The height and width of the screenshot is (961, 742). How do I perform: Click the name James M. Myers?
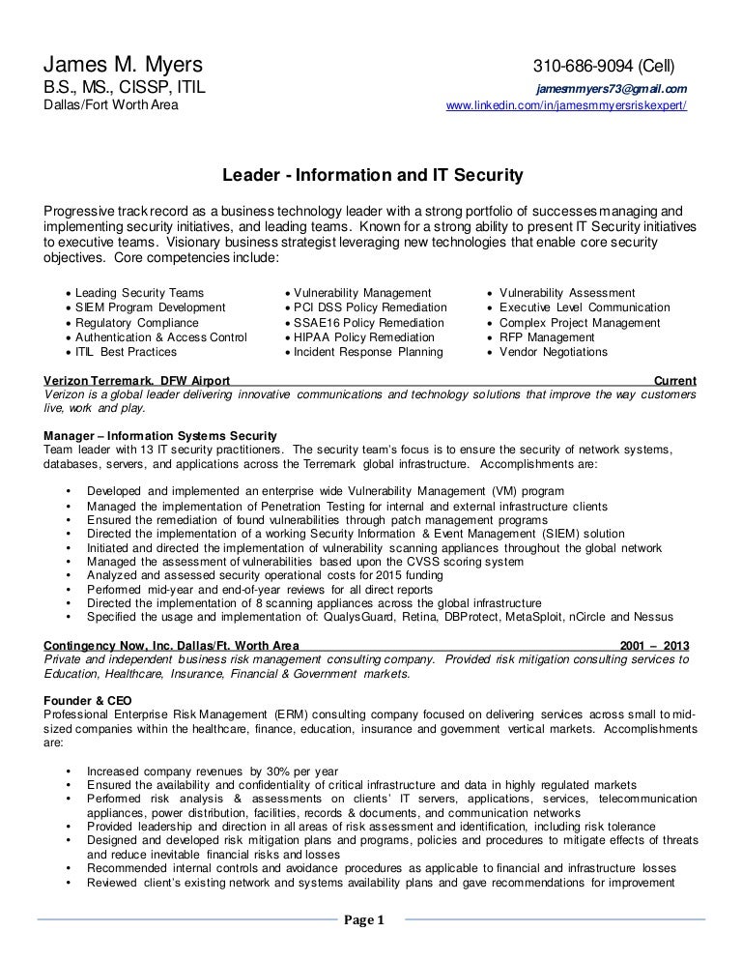tap(123, 66)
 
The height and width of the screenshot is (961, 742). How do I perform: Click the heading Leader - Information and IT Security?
tap(372, 176)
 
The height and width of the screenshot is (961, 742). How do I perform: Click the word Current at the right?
tap(675, 381)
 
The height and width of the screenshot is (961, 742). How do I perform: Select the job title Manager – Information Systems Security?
tap(160, 436)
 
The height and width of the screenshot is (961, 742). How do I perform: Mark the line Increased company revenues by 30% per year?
tap(212, 771)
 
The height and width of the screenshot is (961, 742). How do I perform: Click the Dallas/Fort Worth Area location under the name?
tap(110, 106)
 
